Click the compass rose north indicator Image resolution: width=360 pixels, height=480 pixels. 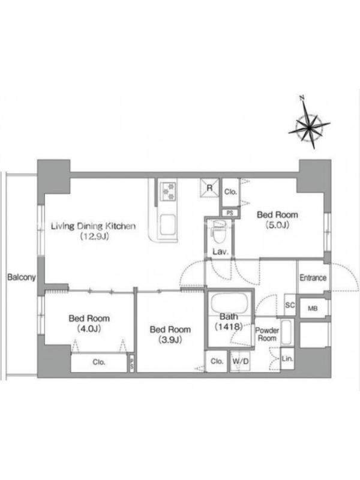pyautogui.click(x=310, y=124)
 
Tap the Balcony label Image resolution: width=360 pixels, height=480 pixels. pyautogui.click(x=21, y=277)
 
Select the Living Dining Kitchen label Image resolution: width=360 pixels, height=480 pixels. pyautogui.click(x=93, y=226)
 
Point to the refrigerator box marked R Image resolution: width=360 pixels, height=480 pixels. pyautogui.click(x=210, y=188)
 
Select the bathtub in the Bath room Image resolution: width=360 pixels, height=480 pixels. pyautogui.click(x=229, y=304)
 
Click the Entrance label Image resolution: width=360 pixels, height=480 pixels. pyautogui.click(x=313, y=278)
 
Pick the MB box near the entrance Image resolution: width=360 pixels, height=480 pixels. pyautogui.click(x=313, y=308)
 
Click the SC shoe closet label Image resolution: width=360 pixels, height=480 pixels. pyautogui.click(x=290, y=305)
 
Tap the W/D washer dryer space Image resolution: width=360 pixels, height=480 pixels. pyautogui.click(x=241, y=361)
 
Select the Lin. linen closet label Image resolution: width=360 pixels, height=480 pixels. pyautogui.click(x=287, y=358)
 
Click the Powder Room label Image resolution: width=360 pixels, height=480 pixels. pyautogui.click(x=267, y=334)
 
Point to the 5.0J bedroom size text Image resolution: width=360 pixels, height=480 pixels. pyautogui.click(x=277, y=225)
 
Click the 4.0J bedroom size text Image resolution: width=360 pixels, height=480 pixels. pyautogui.click(x=89, y=328)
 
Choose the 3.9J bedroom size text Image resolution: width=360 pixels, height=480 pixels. pyautogui.click(x=170, y=340)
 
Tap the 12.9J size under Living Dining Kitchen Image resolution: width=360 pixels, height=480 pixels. pyautogui.click(x=93, y=236)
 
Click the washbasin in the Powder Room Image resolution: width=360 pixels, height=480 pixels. pyautogui.click(x=287, y=333)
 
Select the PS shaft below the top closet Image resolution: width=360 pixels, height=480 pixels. pyautogui.click(x=230, y=213)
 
